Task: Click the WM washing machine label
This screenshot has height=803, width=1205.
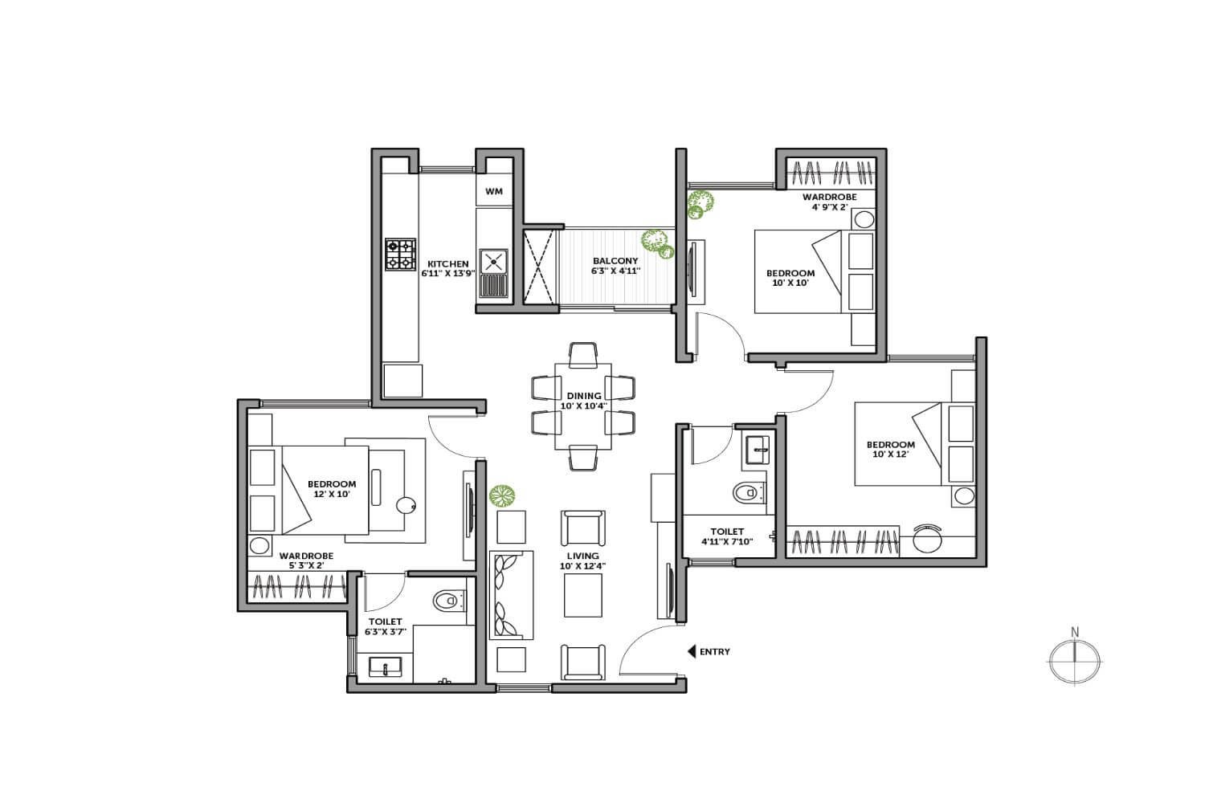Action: [x=494, y=191]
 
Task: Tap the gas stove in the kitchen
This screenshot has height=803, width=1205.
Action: [x=400, y=255]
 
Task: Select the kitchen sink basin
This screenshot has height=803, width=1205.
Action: [x=493, y=262]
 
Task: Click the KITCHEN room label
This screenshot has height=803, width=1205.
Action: [x=448, y=264]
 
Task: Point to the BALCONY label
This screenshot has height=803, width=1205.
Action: [x=615, y=261]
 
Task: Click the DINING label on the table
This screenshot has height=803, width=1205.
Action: [x=584, y=396]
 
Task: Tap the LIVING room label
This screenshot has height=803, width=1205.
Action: [x=582, y=556]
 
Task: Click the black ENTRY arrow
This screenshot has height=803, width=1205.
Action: [x=691, y=651]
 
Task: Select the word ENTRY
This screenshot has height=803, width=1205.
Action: [x=714, y=651]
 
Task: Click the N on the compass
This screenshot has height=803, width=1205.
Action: [x=1075, y=631]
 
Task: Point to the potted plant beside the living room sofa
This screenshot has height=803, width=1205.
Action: [x=502, y=495]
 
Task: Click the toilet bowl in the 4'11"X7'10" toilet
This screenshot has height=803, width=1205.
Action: [x=748, y=492]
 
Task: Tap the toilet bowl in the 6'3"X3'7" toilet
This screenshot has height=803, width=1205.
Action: [x=448, y=600]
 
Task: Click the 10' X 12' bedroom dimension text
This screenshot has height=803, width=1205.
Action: [x=890, y=454]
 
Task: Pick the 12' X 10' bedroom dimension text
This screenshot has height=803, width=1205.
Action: [x=332, y=494]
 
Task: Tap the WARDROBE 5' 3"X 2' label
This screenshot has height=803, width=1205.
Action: [x=306, y=560]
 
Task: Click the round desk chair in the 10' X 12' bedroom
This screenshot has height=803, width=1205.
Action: [x=927, y=539]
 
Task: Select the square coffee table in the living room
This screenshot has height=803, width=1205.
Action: [x=582, y=595]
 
